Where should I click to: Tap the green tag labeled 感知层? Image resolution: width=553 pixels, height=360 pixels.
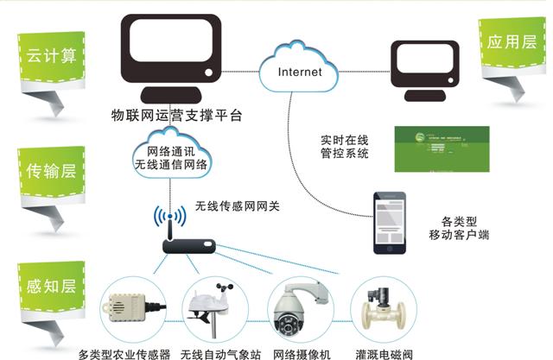50,280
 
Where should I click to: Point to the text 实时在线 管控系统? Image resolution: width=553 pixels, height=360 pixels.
344,147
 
